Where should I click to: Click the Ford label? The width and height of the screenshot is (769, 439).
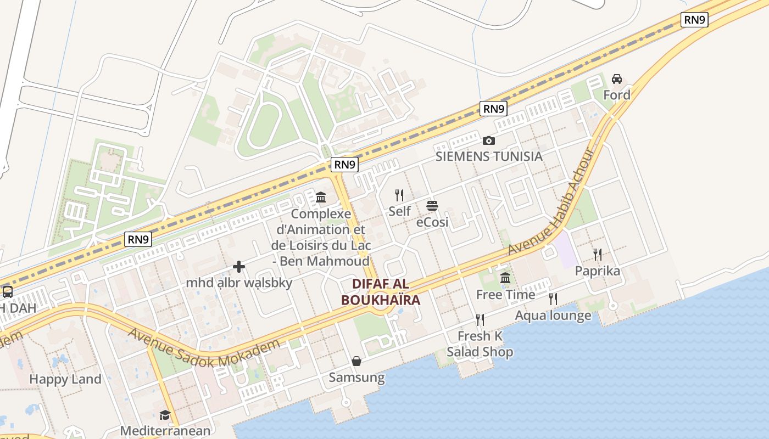616,95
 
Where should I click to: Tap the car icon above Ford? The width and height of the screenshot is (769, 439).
617,79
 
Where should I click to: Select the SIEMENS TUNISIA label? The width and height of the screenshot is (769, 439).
489,156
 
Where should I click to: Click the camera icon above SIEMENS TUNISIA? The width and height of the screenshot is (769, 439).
488,141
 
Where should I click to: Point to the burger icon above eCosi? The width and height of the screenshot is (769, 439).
432,206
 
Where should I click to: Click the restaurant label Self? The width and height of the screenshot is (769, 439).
399,211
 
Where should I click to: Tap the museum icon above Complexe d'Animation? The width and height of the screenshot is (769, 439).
321,197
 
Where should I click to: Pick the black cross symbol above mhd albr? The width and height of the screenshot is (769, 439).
239,267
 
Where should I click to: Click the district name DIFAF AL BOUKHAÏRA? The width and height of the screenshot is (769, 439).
381,292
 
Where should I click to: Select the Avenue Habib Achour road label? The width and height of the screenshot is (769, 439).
551,201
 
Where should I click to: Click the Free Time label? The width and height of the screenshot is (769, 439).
505,295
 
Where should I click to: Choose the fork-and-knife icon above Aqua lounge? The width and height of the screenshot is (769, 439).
553,299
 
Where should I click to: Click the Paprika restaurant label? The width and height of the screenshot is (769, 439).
597,271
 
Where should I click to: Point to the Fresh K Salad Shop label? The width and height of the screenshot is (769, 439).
480,344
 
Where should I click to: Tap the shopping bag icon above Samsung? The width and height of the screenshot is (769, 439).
356,361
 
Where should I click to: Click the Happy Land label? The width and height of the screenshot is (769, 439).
65,379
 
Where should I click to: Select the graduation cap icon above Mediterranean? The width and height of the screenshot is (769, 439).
165,415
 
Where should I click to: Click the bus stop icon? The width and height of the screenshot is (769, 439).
7,292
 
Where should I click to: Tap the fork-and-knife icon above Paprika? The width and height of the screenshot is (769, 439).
598,255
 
